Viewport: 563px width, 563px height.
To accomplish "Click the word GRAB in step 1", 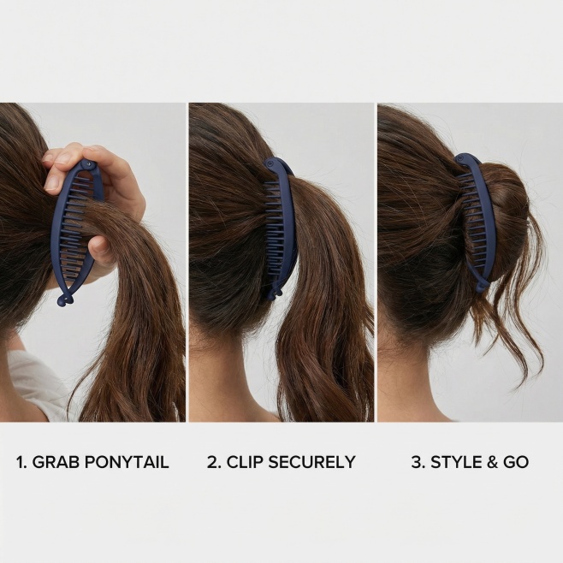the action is click(56, 462).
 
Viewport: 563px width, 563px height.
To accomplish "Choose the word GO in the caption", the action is click(516, 462).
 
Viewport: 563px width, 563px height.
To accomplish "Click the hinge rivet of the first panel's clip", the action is click(88, 164).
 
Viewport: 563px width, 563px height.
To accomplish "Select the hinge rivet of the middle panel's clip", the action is click(270, 165).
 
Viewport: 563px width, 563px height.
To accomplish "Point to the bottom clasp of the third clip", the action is click(482, 286).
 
